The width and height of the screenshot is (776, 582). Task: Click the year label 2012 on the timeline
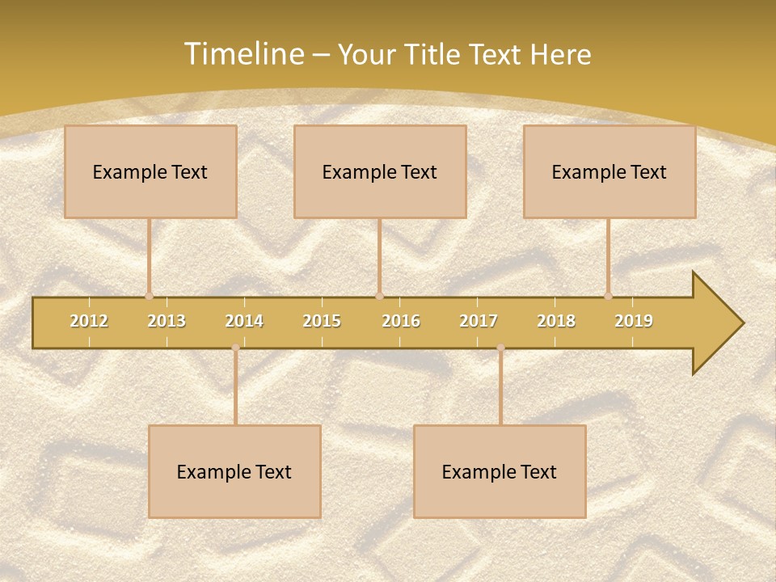pyautogui.click(x=89, y=321)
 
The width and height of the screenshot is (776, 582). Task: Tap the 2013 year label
pyautogui.click(x=167, y=321)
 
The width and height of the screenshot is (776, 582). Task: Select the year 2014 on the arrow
pyautogui.click(x=244, y=321)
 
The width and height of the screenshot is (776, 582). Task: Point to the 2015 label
pyautogui.click(x=322, y=321)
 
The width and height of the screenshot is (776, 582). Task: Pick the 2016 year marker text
pyautogui.click(x=401, y=321)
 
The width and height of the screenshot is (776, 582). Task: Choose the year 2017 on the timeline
pyautogui.click(x=479, y=321)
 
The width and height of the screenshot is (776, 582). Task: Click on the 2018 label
pyautogui.click(x=556, y=321)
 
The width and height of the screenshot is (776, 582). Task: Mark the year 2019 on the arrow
pyautogui.click(x=634, y=321)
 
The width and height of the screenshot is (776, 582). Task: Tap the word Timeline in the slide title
pyautogui.click(x=243, y=54)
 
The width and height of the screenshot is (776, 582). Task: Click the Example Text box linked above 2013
pyautogui.click(x=150, y=171)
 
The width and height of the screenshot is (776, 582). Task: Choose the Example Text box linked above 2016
pyautogui.click(x=380, y=171)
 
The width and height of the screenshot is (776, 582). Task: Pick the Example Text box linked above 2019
pyautogui.click(x=609, y=171)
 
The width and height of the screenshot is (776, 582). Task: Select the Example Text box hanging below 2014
pyautogui.click(x=234, y=471)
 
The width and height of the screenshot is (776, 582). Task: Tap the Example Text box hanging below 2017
pyautogui.click(x=500, y=471)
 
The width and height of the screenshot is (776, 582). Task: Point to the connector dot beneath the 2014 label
pyautogui.click(x=235, y=348)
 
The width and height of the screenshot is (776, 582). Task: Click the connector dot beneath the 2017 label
pyautogui.click(x=500, y=348)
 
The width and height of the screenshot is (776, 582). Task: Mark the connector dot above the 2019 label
pyautogui.click(x=609, y=297)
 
